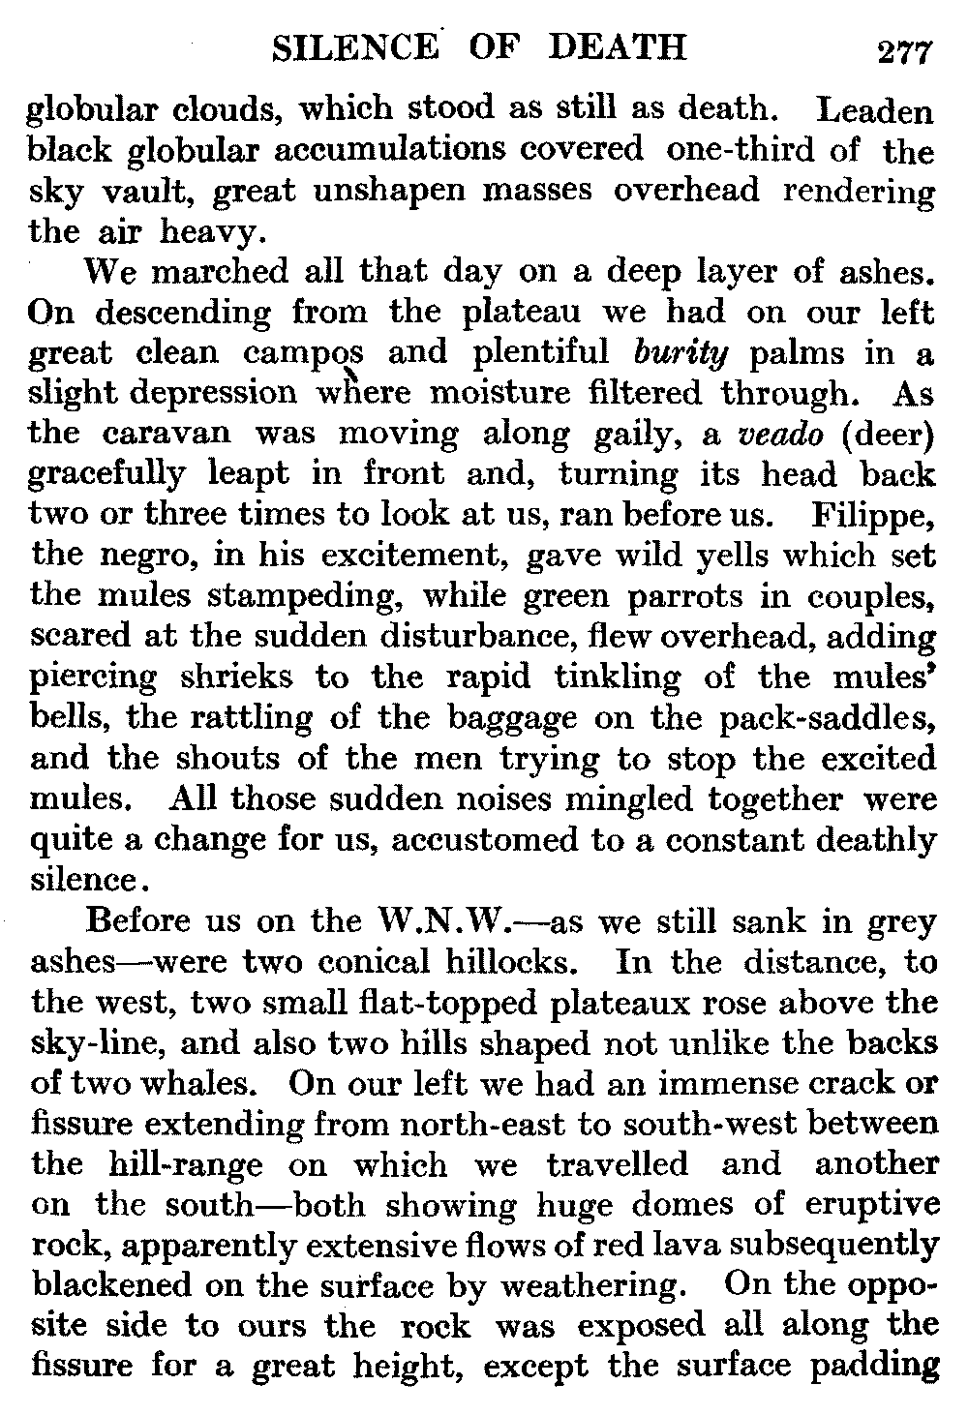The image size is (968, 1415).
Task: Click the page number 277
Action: pyautogui.click(x=904, y=49)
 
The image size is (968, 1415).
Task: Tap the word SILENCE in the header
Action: pyautogui.click(x=352, y=47)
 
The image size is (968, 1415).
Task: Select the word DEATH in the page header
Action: pyautogui.click(x=618, y=47)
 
